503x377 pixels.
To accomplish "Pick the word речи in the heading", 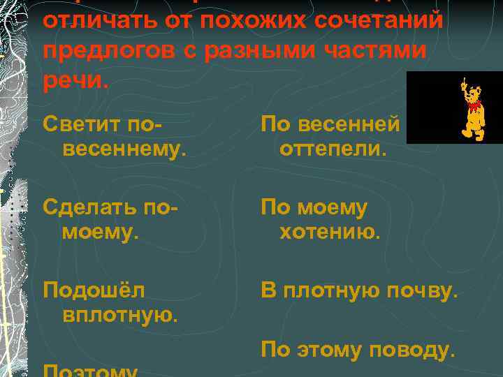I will [73, 82].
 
